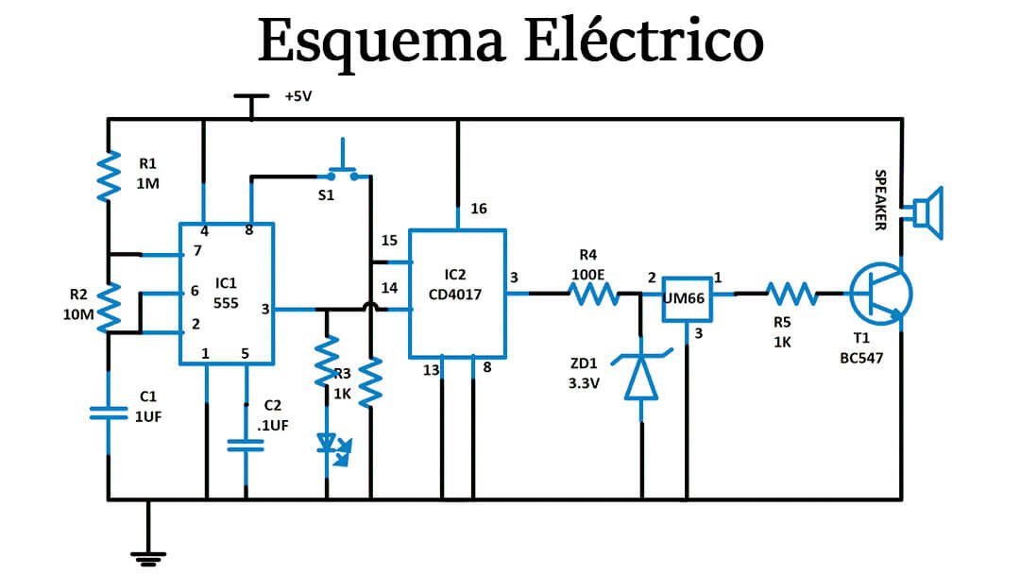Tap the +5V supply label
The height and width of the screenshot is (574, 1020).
click(297, 96)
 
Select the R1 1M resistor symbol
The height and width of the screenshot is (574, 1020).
click(110, 175)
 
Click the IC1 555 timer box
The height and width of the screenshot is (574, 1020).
click(227, 293)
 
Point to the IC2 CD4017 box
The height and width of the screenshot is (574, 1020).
click(457, 294)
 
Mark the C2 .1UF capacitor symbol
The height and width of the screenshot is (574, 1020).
click(246, 444)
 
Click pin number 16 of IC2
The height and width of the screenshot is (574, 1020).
click(479, 209)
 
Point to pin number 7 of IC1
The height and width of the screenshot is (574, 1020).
click(196, 250)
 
